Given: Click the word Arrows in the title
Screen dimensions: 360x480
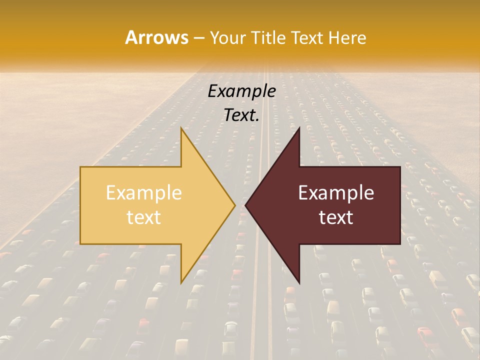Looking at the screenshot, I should pyautogui.click(x=156, y=37).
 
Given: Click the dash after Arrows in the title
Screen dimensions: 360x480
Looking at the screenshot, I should pyautogui.click(x=199, y=38).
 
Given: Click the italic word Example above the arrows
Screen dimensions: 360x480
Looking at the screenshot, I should pyautogui.click(x=241, y=91).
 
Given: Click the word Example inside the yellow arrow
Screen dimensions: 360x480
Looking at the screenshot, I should pyautogui.click(x=143, y=193).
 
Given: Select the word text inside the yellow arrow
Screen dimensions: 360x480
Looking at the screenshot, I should pyautogui.click(x=143, y=217).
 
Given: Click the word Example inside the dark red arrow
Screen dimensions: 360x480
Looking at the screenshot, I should pyautogui.click(x=336, y=193).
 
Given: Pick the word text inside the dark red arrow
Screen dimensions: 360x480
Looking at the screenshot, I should pyautogui.click(x=336, y=217).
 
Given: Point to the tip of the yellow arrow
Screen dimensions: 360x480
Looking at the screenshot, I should pyautogui.click(x=234, y=205).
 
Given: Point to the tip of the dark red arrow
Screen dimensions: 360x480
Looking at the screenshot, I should pyautogui.click(x=246, y=205).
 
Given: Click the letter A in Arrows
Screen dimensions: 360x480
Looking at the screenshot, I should pyautogui.click(x=131, y=37).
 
